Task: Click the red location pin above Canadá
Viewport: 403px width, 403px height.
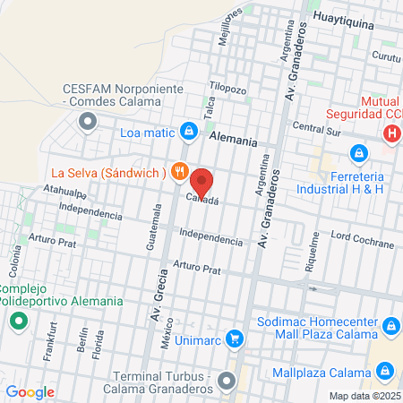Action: (x=201, y=181)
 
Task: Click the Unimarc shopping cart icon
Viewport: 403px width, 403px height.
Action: (x=235, y=339)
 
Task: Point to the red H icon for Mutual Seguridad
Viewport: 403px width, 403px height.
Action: (x=390, y=134)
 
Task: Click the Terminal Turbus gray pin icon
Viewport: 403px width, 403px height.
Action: (x=227, y=380)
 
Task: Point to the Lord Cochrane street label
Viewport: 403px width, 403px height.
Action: (x=363, y=244)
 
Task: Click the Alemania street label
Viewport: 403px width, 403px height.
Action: (x=233, y=141)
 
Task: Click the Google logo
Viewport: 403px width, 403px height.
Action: (x=30, y=391)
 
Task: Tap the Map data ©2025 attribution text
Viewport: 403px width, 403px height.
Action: (x=363, y=395)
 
